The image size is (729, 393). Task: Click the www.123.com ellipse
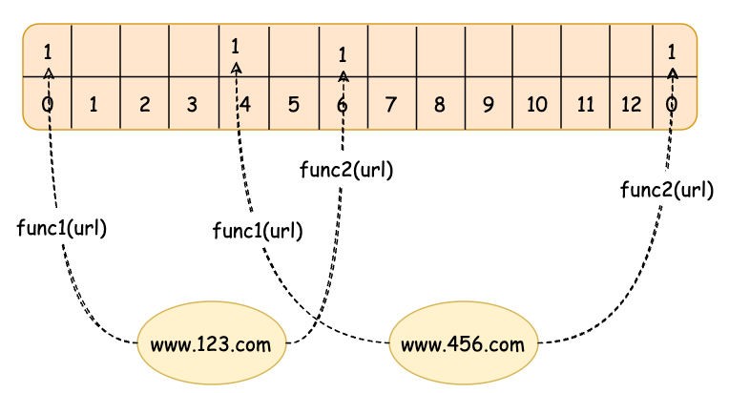click(212, 342)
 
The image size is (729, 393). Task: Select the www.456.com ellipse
click(464, 342)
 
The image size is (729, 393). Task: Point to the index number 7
click(390, 103)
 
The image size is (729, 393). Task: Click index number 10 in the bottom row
click(536, 103)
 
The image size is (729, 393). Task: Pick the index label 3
click(192, 103)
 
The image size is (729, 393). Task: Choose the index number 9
click(488, 103)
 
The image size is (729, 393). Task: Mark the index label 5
click(293, 103)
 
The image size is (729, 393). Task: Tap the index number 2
click(144, 103)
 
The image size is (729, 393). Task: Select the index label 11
click(584, 103)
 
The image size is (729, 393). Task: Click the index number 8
click(439, 103)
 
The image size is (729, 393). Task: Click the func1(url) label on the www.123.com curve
click(61, 229)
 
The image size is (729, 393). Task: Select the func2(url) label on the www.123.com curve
click(345, 171)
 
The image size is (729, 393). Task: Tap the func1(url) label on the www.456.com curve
click(258, 230)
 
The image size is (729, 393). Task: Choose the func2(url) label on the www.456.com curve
click(666, 189)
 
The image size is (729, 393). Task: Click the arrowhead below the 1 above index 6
click(343, 73)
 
